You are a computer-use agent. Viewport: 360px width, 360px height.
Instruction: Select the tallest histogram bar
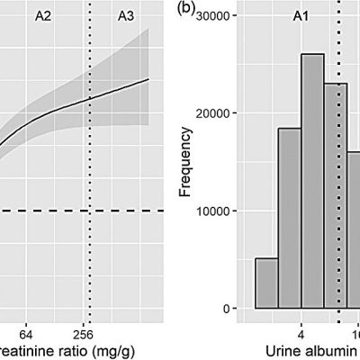pyautogui.click(x=312, y=180)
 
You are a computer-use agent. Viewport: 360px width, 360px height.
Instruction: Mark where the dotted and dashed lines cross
pyautogui.click(x=89, y=211)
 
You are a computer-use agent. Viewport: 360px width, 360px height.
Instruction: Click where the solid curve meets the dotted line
pyautogui.click(x=89, y=100)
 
